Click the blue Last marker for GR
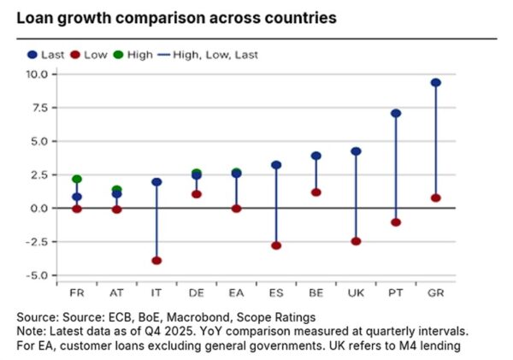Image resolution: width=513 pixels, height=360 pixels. click(436, 83)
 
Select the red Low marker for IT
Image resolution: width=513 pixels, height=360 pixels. click(156, 260)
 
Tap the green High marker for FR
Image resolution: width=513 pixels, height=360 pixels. click(77, 180)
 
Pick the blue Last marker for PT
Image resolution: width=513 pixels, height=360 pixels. click(396, 113)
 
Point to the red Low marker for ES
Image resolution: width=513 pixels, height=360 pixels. click(276, 245)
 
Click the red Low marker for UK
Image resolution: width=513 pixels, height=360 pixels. click(356, 241)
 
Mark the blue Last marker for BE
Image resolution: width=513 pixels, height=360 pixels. click(316, 156)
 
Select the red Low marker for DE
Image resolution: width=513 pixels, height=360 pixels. click(197, 194)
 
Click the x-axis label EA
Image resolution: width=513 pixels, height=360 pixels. click(236, 291)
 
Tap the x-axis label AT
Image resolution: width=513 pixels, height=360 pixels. click(116, 291)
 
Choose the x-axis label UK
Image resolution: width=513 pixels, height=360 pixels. click(356, 291)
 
